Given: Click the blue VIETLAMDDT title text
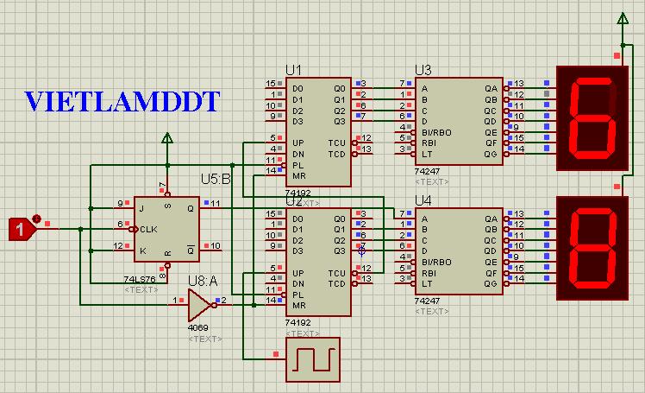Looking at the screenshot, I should [x=122, y=102].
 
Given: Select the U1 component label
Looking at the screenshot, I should [x=294, y=69].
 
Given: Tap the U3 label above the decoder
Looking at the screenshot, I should [x=423, y=69].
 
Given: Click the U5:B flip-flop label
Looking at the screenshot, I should [x=216, y=180].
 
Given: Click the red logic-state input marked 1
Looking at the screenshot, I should [x=19, y=229].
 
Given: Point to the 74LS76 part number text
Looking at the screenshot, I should [x=141, y=280].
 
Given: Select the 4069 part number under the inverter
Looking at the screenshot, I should [x=198, y=328].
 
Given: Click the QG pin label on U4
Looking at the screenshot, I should [x=491, y=282].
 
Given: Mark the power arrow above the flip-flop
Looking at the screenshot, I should [x=166, y=138].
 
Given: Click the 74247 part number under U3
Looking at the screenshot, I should [x=427, y=172].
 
